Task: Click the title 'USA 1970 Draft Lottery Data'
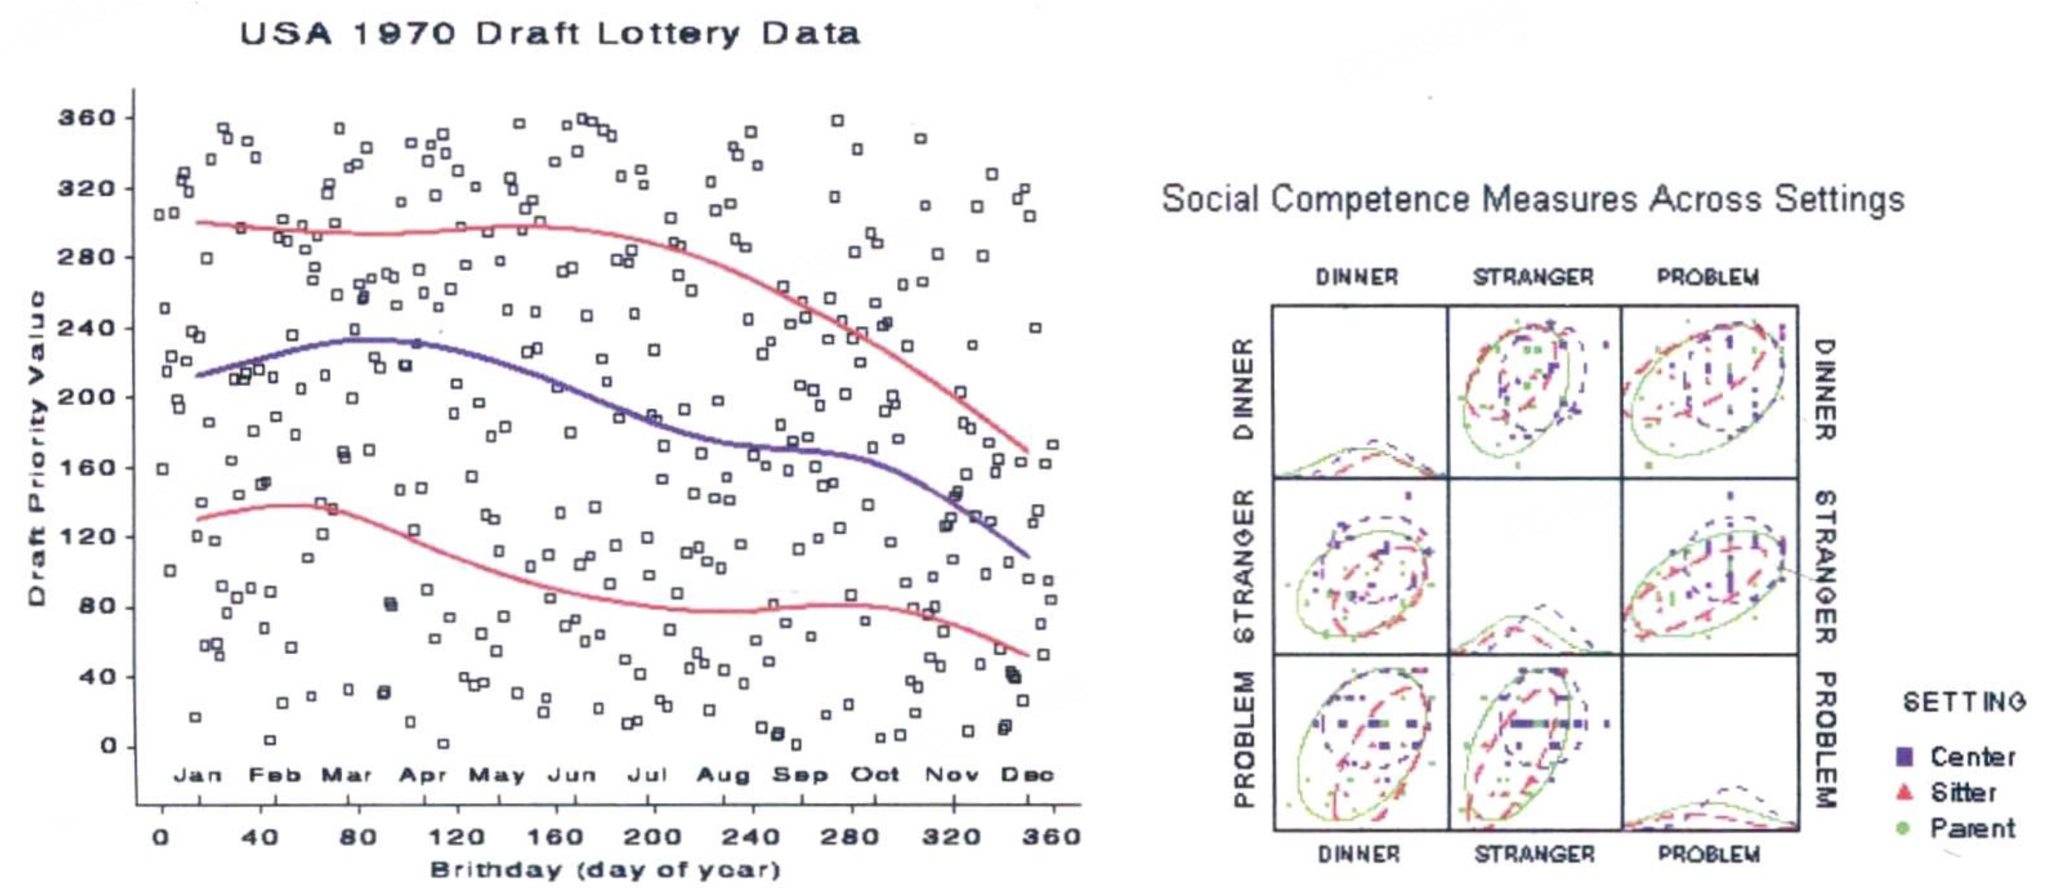point(550,34)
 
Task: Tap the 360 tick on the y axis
point(87,118)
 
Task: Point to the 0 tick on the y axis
point(108,747)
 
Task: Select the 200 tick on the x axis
point(652,837)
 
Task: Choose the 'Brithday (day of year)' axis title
point(605,869)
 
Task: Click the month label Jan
point(198,775)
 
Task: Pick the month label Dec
point(1027,775)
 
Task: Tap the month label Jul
point(646,775)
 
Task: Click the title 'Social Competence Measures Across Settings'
point(1533,199)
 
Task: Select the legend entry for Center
point(1972,756)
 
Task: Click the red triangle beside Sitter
point(1904,793)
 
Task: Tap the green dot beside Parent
point(1903,828)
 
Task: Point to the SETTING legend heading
point(1964,702)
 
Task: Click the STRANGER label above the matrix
point(1533,278)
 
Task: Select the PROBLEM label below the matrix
point(1709,855)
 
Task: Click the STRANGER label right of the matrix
point(1826,567)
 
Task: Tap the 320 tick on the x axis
point(951,837)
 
